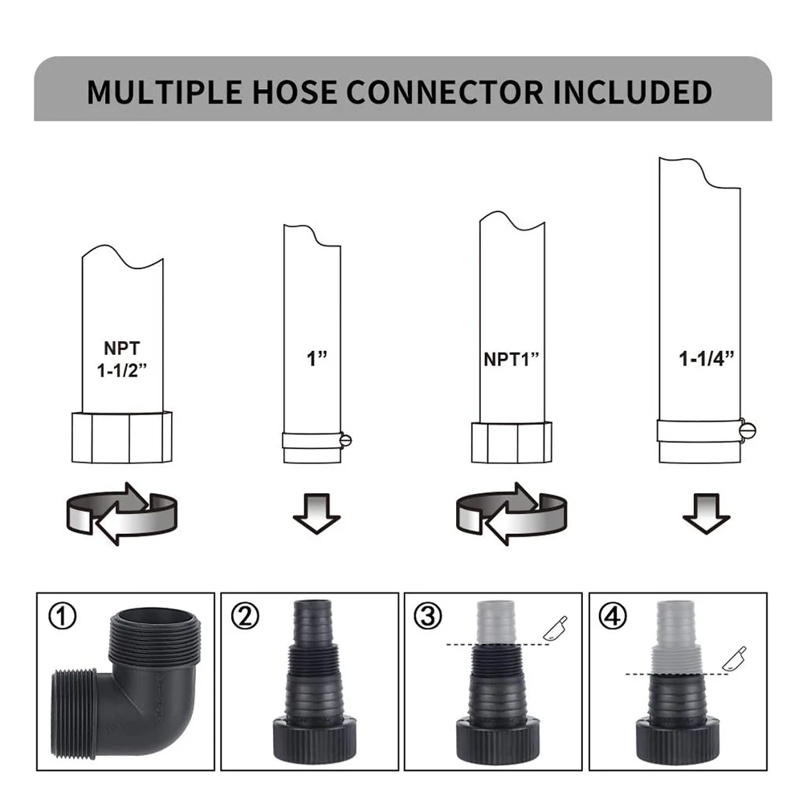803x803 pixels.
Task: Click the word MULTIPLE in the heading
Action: tap(165, 92)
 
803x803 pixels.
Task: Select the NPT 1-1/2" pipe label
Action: tap(122, 360)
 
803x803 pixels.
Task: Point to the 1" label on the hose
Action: tap(316, 358)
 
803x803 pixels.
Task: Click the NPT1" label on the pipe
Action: tap(511, 359)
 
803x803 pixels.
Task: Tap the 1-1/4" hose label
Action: tap(706, 358)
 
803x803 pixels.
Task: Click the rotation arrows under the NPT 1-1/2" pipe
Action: tap(122, 514)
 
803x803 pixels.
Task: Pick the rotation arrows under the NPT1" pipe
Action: tap(511, 514)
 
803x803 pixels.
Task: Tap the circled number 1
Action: tap(62, 616)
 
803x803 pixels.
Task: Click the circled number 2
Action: tap(245, 616)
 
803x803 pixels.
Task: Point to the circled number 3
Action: tap(428, 616)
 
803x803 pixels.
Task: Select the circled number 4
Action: tap(613, 616)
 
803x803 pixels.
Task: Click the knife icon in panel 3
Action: tap(555, 629)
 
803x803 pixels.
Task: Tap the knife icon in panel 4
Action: tap(734, 658)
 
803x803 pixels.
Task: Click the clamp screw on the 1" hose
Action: tap(345, 440)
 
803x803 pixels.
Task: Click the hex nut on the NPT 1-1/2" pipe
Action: tap(122, 438)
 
